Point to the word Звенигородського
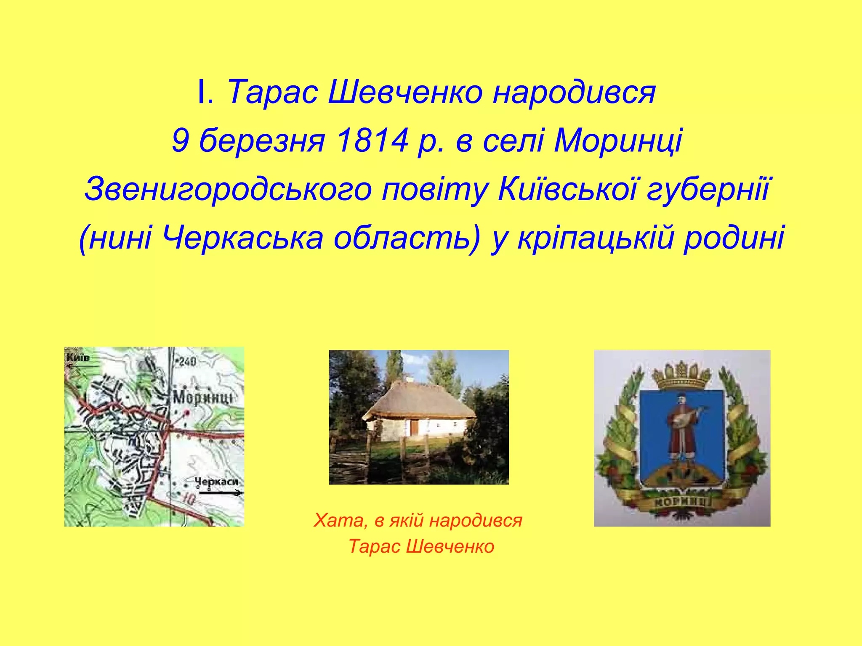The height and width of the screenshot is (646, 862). coord(228,189)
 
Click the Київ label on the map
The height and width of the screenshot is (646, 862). coord(77,358)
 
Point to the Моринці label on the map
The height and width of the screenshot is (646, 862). coord(202,397)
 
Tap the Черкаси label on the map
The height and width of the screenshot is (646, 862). coord(216,482)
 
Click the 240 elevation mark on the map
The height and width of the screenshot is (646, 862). coord(187,361)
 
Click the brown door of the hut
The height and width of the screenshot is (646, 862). coord(415,428)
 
